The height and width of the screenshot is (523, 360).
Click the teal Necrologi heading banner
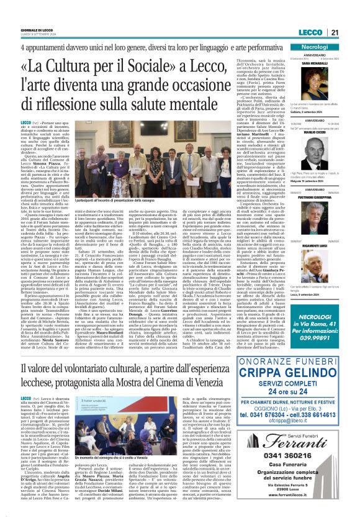323,47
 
